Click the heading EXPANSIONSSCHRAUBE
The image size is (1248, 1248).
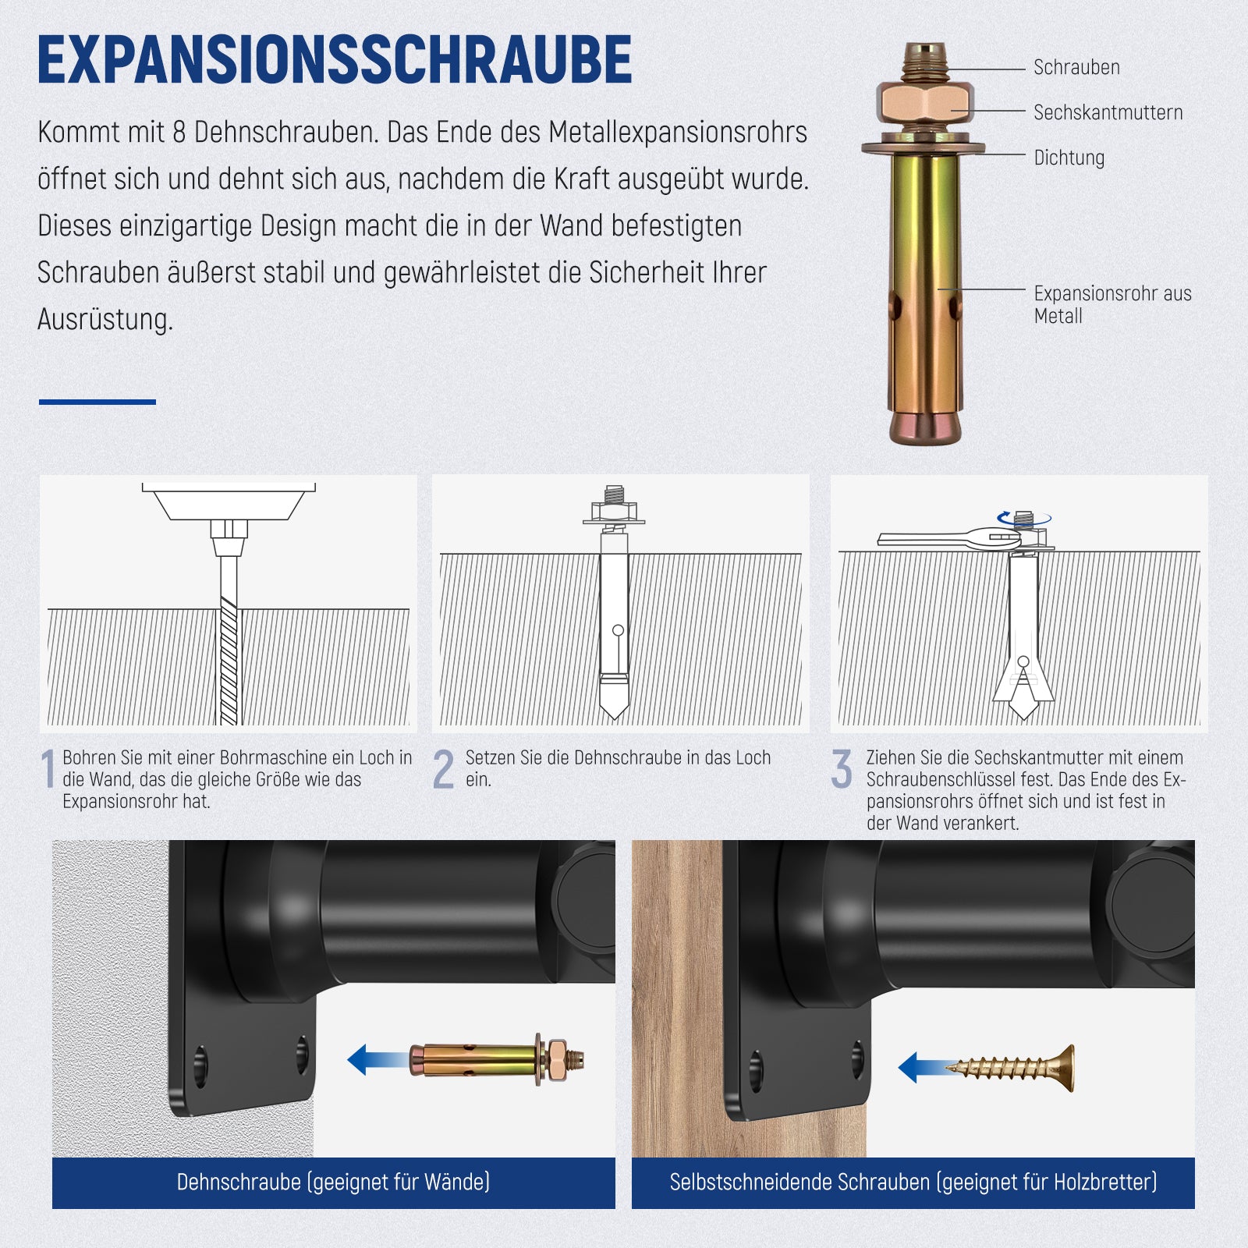click(x=335, y=59)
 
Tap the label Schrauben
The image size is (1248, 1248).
click(x=1076, y=68)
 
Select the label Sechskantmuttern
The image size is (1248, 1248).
click(x=1108, y=112)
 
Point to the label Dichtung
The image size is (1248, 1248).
click(x=1069, y=158)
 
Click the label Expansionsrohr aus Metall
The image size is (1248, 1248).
click(x=1112, y=304)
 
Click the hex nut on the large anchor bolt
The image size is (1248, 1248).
click(x=924, y=103)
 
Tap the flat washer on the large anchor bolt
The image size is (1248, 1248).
click(x=924, y=147)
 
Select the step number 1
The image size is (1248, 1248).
click(x=48, y=769)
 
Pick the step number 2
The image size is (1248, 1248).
click(x=443, y=769)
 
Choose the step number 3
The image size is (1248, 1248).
click(x=842, y=769)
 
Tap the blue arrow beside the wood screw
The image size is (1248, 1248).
click(x=923, y=1067)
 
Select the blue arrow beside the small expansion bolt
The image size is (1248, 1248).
click(x=378, y=1060)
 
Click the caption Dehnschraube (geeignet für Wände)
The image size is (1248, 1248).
click(x=333, y=1182)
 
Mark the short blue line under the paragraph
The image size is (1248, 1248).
click(x=97, y=402)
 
